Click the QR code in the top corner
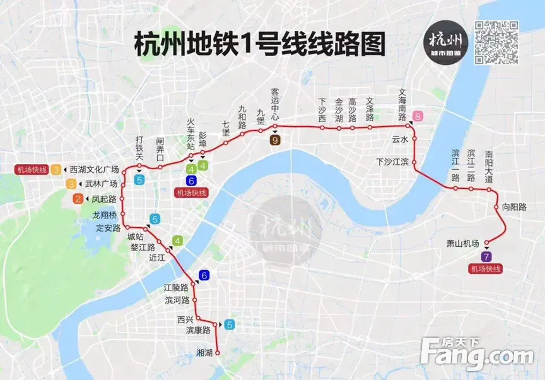pos(496,42)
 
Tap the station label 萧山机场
pos(463,244)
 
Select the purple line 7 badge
pos(485,256)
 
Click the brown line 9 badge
pos(275,141)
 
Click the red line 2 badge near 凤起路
pos(78,199)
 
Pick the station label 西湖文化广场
pos(94,169)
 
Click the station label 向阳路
pos(514,206)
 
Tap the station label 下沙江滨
pos(393,162)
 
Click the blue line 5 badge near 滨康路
pos(230,324)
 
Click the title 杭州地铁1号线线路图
pos(259,45)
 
